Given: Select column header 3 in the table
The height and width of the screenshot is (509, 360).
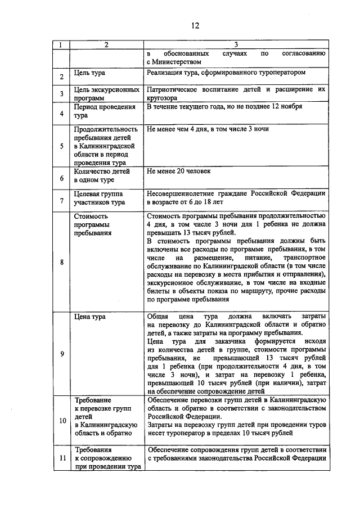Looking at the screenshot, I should (236, 44).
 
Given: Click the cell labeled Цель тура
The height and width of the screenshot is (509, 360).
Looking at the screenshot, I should (89, 73).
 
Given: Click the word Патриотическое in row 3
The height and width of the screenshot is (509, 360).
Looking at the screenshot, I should (174, 89).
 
